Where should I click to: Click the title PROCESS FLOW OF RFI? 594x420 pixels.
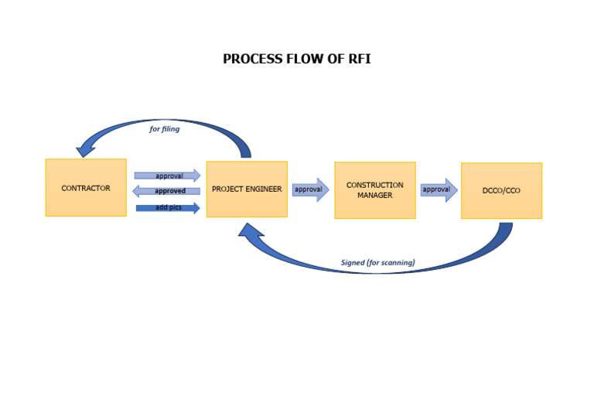(x=297, y=59)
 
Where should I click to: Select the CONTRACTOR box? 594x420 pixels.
(x=86, y=188)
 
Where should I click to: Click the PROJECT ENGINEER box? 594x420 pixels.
(x=247, y=189)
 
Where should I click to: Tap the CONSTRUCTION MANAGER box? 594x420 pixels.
(x=374, y=190)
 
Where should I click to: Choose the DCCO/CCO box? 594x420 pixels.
(x=501, y=190)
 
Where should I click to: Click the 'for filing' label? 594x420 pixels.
(x=165, y=129)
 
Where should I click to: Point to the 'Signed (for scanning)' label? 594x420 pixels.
(x=377, y=263)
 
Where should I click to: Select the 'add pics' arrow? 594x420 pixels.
(x=168, y=208)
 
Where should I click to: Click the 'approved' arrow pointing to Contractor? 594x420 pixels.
(x=167, y=191)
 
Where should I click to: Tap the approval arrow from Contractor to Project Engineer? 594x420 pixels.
(x=168, y=176)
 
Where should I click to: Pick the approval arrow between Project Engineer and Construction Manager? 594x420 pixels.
(x=310, y=190)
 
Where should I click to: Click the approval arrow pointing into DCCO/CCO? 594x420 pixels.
(x=439, y=190)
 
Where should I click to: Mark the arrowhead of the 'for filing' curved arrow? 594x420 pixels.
(x=86, y=149)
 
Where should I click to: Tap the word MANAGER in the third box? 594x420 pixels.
(x=374, y=196)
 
